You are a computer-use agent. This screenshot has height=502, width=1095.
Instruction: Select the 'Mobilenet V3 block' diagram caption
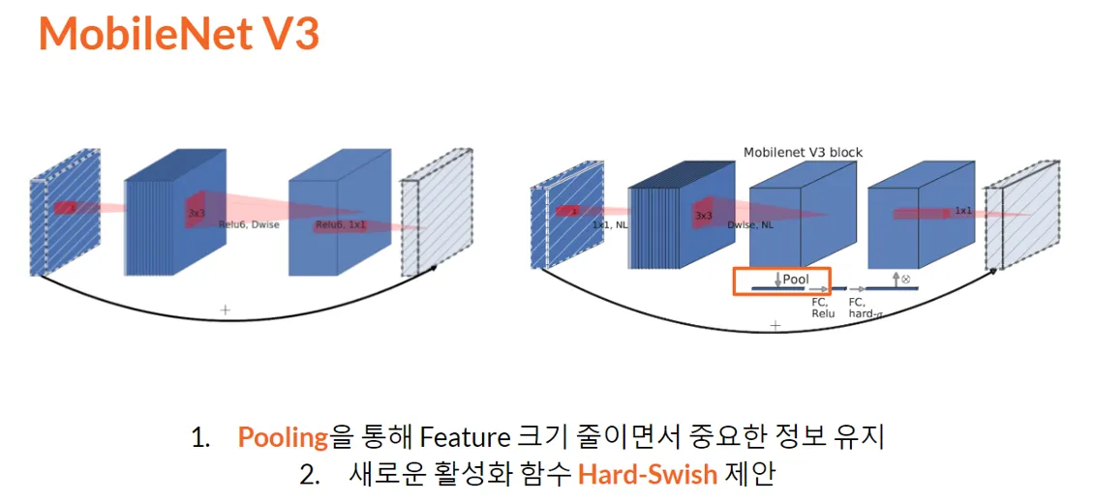pyautogui.click(x=803, y=152)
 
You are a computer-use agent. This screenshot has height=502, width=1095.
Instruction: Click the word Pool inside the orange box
pyautogui.click(x=795, y=280)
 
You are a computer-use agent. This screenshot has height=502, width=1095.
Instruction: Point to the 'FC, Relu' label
pyautogui.click(x=823, y=308)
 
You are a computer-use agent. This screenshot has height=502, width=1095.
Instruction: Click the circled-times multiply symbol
pyautogui.click(x=906, y=279)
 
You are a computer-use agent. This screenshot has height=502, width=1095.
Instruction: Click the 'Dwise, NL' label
pyautogui.click(x=751, y=224)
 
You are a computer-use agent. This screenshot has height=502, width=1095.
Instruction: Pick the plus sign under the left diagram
pyautogui.click(x=226, y=310)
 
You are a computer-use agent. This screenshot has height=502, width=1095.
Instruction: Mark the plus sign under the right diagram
pyautogui.click(x=775, y=326)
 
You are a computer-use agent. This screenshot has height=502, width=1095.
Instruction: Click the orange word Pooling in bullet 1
pyautogui.click(x=283, y=437)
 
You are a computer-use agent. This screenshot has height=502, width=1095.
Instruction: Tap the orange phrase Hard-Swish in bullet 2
pyautogui.click(x=648, y=475)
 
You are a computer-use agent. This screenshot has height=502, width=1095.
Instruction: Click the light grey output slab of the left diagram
pyautogui.click(x=436, y=218)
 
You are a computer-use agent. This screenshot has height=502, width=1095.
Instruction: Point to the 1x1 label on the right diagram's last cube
pyautogui.click(x=963, y=210)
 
